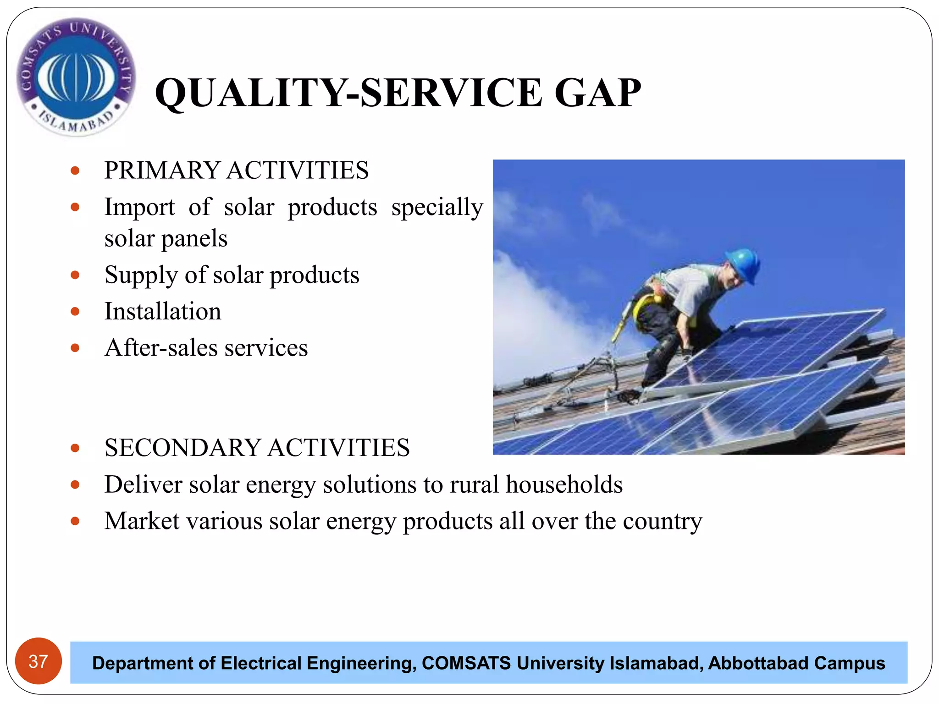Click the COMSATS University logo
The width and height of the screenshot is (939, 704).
pyautogui.click(x=76, y=77)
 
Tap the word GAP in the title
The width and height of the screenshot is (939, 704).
pyautogui.click(x=597, y=93)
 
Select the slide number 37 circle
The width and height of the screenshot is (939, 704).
pyautogui.click(x=39, y=661)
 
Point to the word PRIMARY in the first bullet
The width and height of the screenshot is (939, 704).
pyautogui.click(x=162, y=170)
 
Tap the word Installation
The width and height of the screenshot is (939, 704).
pyautogui.click(x=163, y=312)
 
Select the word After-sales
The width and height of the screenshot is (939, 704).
pyautogui.click(x=160, y=348)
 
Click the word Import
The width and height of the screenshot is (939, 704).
pyautogui.click(x=139, y=207)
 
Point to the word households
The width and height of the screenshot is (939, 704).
pyautogui.click(x=564, y=484)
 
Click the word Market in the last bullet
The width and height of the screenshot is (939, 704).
pyautogui.click(x=142, y=521)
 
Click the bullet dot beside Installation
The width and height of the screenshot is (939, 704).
pyautogui.click(x=75, y=312)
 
